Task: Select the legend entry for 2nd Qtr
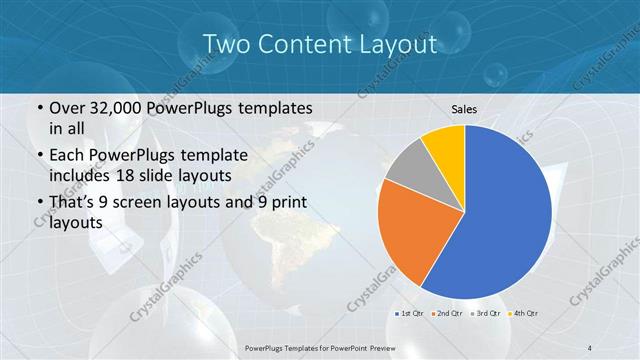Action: (447, 313)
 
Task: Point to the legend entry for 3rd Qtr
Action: (485, 313)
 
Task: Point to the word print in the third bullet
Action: (278, 203)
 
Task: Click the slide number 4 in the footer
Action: (590, 347)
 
